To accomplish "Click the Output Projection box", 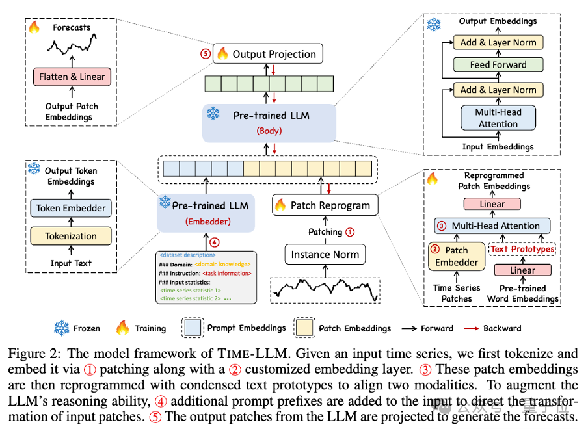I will (268, 54).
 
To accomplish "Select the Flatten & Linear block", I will (72, 77).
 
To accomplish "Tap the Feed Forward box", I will (498, 65).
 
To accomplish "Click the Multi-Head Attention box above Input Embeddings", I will (498, 118).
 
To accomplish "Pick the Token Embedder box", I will (71, 208).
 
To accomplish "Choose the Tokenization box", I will (71, 236).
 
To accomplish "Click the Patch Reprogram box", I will (325, 205).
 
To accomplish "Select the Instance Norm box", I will (325, 254).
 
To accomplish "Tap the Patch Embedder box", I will (457, 256).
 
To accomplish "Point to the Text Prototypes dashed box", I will (523, 249).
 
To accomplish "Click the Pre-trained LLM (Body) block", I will (267, 122).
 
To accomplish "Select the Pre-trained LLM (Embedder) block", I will (205, 212).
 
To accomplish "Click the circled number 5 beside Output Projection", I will (206, 54).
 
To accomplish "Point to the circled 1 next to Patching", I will (350, 231).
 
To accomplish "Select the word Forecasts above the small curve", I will (72, 28).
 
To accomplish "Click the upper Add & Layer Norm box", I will (498, 42).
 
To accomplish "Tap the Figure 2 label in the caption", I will (33, 354).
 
